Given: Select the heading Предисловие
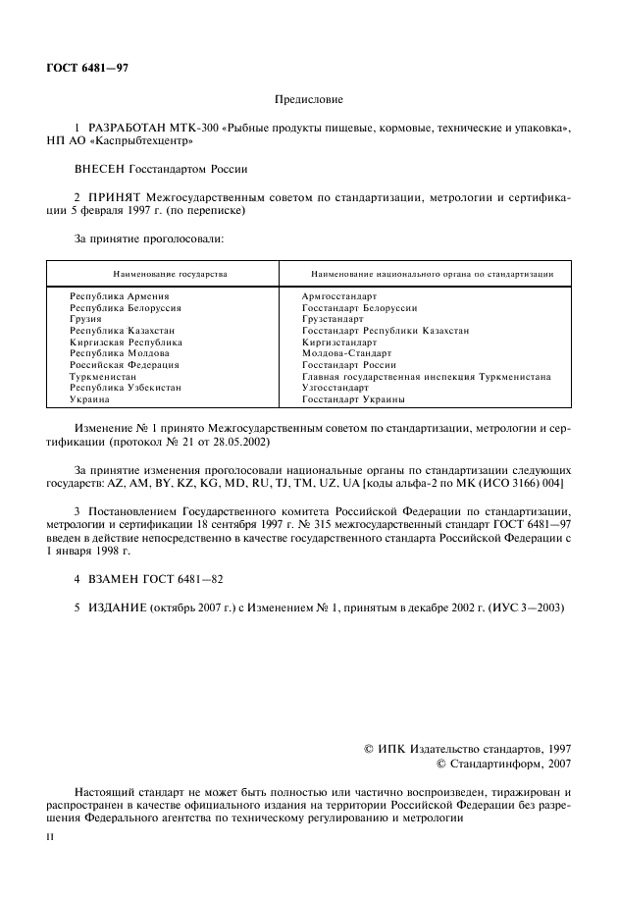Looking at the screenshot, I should (308, 99).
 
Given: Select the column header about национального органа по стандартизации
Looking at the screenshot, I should (432, 274).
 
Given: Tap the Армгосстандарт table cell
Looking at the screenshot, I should (339, 295).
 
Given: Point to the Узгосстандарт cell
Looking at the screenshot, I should (335, 389).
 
